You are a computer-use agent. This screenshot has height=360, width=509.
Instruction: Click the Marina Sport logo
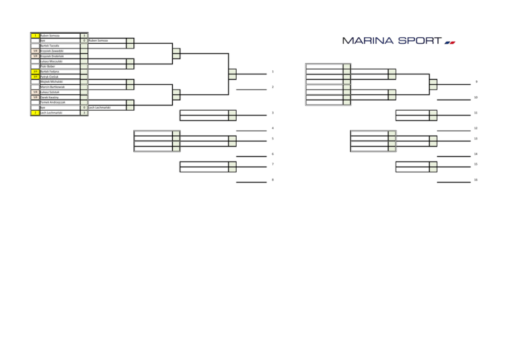point(394,40)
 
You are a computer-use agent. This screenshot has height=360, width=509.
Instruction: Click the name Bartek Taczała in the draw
point(50,46)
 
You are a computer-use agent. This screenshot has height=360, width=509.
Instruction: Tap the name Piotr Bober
point(48,66)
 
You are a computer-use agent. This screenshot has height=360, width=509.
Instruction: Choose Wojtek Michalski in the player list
point(52,82)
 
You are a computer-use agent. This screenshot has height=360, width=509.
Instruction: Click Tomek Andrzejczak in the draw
point(54,102)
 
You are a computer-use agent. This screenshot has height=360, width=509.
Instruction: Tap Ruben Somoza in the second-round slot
point(98,41)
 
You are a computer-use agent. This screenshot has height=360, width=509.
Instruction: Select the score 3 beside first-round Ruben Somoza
point(84,36)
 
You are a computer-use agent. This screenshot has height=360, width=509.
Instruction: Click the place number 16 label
point(476,179)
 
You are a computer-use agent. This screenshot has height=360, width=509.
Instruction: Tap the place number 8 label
point(272,179)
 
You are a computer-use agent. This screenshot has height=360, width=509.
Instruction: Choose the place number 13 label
point(476,139)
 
